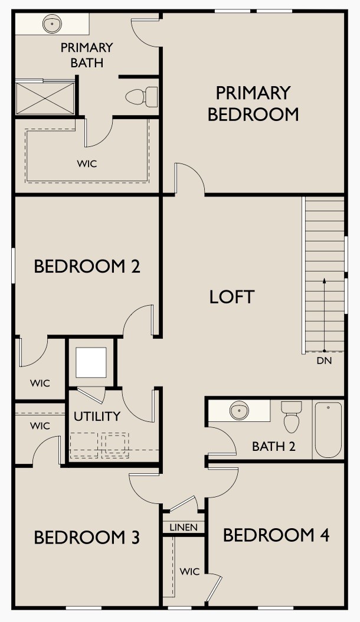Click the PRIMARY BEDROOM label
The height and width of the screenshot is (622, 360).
253,103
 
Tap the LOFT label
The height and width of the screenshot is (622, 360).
231,297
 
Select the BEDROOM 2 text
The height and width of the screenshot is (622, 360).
87,266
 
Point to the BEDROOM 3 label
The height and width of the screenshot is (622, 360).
87,538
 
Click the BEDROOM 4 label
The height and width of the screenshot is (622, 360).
276,535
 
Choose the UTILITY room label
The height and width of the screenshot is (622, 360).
97,416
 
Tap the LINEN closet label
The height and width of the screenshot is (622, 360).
184,527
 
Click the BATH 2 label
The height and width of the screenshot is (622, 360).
273,446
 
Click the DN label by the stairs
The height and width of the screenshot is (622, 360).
323,361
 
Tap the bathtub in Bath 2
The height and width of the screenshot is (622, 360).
328,429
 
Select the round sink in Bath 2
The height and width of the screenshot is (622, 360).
239,410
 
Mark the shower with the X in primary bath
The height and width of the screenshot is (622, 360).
45,98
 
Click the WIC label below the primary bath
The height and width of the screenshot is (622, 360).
87,163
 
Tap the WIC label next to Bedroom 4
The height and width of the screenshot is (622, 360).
189,571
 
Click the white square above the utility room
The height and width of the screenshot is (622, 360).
91,363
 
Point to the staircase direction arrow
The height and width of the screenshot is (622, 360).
323,313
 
